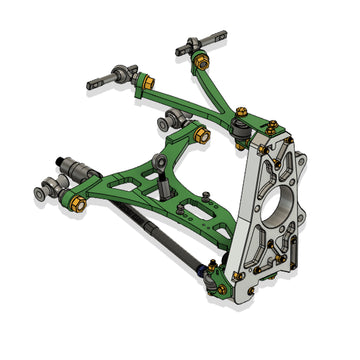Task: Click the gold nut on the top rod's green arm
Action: click(x=203, y=63)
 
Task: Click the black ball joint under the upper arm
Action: click(x=243, y=130)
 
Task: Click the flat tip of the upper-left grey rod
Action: click(x=92, y=85)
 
